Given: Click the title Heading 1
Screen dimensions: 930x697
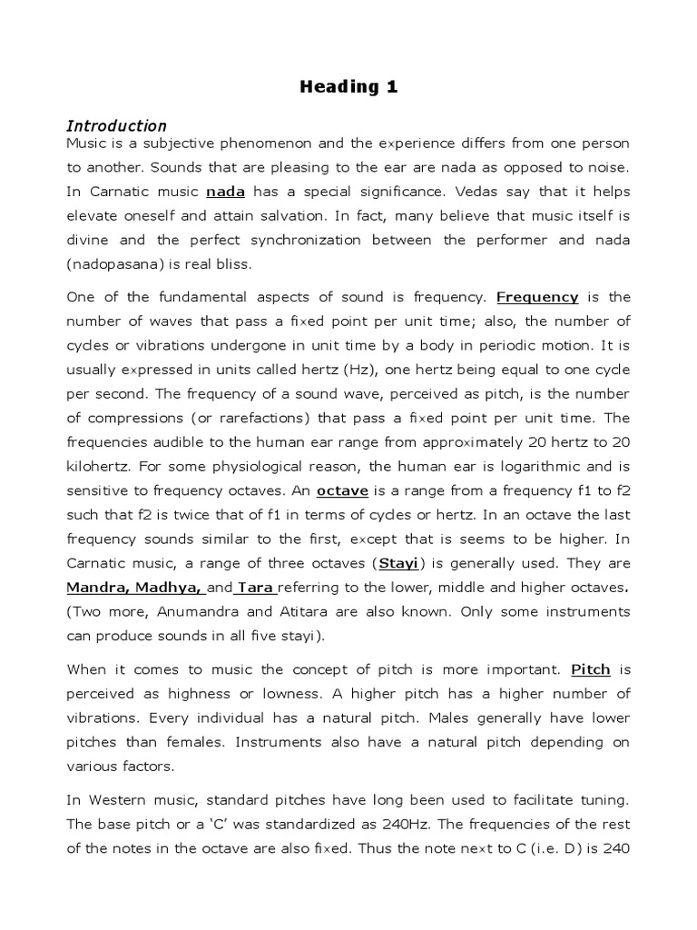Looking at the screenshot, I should click(x=348, y=87).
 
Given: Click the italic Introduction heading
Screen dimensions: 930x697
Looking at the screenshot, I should click(x=116, y=126).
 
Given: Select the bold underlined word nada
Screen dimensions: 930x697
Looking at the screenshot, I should click(x=225, y=192).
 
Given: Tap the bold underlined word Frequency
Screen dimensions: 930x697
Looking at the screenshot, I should click(x=537, y=297).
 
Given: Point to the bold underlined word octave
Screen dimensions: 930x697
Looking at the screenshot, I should click(x=341, y=490).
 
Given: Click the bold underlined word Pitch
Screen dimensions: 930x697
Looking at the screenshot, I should click(x=590, y=670).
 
